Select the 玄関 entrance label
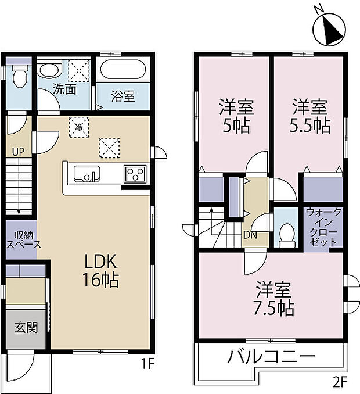click(x=26, y=327)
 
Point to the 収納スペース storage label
click(x=23, y=239)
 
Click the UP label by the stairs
click(x=19, y=152)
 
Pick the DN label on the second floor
click(x=250, y=235)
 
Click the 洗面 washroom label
click(x=64, y=89)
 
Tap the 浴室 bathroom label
click(x=123, y=96)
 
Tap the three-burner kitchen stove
click(x=135, y=173)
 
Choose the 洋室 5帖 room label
click(x=235, y=116)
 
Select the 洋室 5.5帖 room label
click(x=309, y=116)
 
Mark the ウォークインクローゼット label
click(x=323, y=228)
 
